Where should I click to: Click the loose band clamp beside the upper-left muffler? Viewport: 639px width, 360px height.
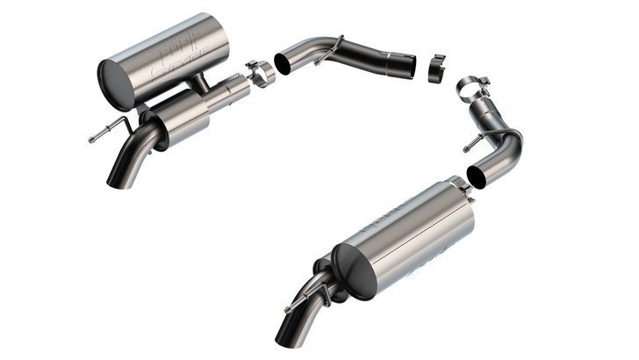click(261, 73)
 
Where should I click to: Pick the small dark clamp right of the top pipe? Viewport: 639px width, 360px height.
click(436, 68)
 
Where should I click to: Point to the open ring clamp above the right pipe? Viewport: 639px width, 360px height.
click(471, 87)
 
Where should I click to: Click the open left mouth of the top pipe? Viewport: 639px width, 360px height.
click(286, 63)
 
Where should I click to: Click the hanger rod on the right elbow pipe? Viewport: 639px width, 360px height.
click(475, 141)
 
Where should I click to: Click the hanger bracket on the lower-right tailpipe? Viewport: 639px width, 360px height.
click(323, 293)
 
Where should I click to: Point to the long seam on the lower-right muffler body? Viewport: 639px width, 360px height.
click(413, 220)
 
